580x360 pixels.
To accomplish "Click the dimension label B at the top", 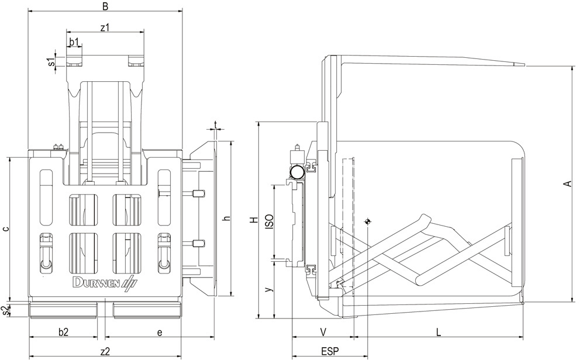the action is click(105, 6).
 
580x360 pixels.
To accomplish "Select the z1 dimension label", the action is click(105, 27).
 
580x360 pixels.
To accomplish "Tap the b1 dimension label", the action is click(74, 41).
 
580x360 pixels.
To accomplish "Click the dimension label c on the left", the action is click(5, 229).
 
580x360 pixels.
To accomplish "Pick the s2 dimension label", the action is click(5, 310).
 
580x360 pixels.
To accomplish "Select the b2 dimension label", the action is click(64, 332).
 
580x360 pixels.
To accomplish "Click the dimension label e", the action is click(160, 333).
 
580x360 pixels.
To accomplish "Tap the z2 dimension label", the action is click(105, 351).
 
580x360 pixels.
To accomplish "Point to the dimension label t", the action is click(216, 124).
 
